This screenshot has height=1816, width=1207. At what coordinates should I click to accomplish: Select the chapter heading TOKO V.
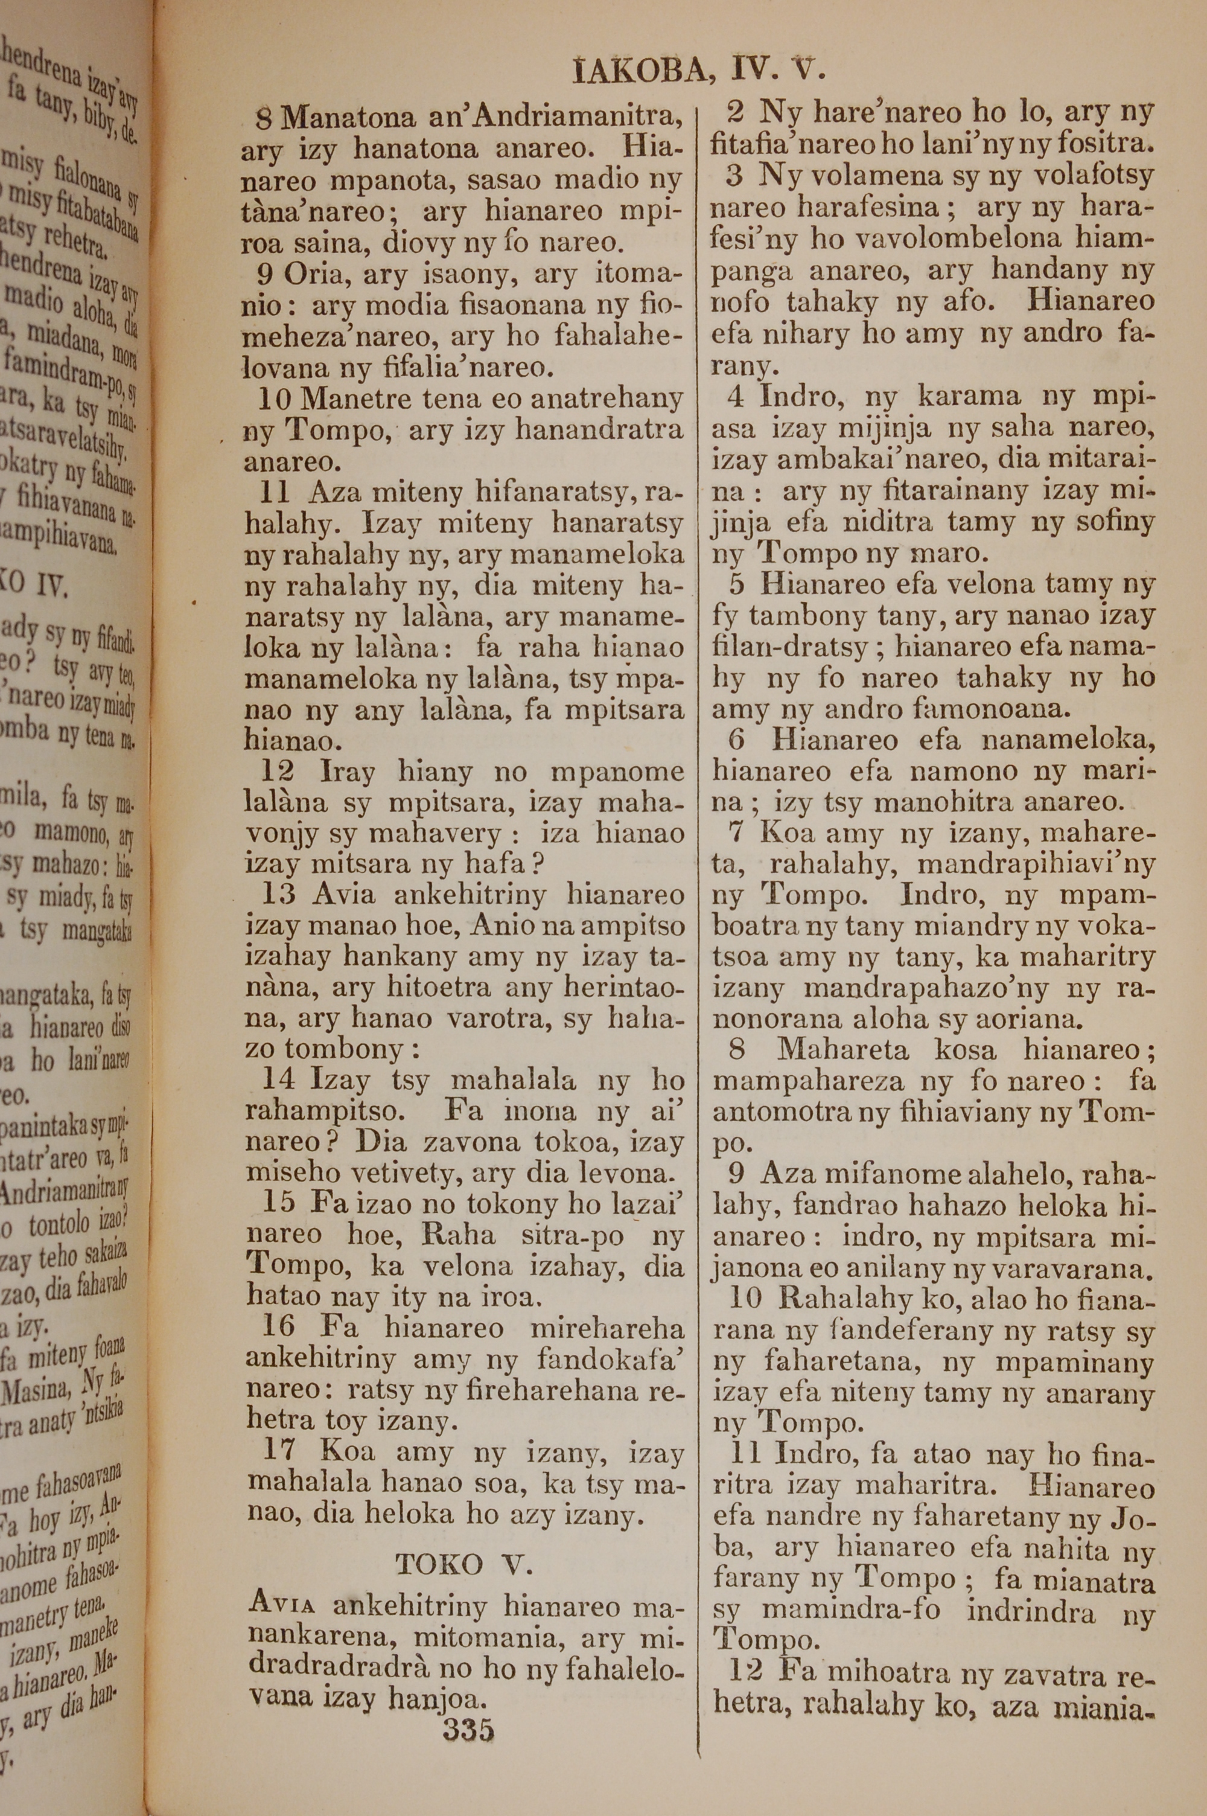[x=463, y=1564]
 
